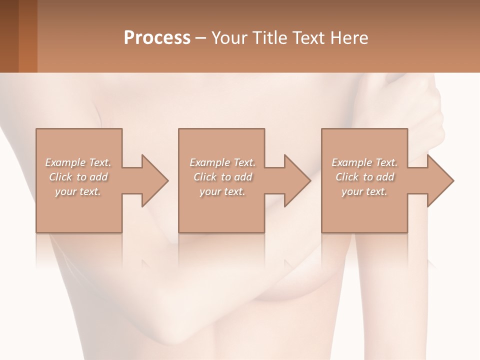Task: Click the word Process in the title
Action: point(157,37)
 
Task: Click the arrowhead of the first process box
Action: point(152,180)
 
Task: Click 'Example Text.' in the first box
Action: point(78,162)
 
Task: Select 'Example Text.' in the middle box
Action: point(222,162)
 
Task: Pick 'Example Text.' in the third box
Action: point(364,162)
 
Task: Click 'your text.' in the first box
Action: point(78,191)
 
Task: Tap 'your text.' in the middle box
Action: point(222,191)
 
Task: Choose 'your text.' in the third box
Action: point(364,191)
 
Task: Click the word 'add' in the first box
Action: point(99,177)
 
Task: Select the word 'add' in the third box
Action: point(385,177)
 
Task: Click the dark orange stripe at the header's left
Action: point(27,36)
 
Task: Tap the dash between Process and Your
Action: point(201,38)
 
